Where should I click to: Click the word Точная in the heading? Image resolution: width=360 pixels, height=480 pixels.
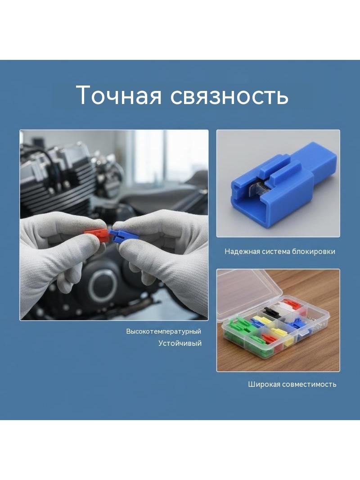tap(119, 95)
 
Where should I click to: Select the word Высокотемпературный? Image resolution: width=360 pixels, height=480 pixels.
tap(164, 331)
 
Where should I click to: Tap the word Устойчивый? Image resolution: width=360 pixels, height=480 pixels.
tap(180, 343)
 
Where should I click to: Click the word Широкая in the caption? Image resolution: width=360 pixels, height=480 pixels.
tap(264, 384)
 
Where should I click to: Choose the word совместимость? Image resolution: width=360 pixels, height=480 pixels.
tap(309, 384)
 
